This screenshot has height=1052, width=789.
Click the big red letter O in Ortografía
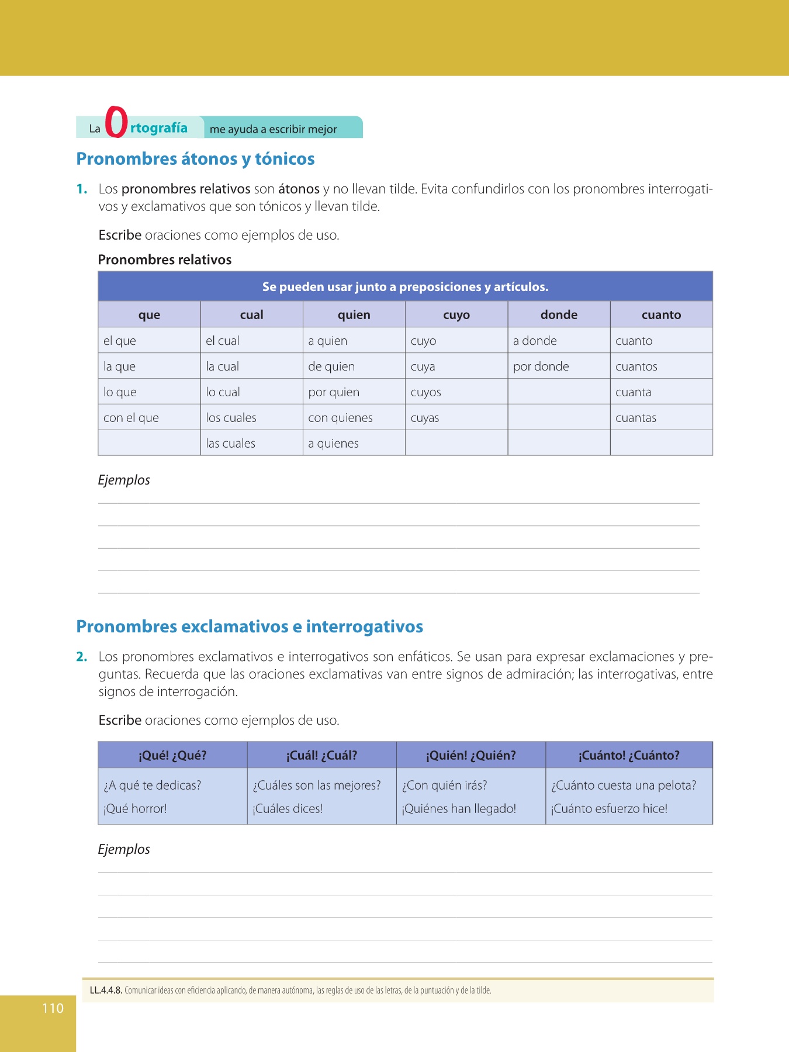(116, 122)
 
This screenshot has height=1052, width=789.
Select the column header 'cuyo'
(456, 314)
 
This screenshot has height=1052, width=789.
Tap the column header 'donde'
(559, 314)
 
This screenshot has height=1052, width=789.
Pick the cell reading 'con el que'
(131, 418)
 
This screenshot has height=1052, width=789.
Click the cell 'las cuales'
(230, 444)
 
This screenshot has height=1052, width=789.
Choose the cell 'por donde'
(541, 366)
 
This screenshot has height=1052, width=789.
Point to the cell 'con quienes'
(340, 418)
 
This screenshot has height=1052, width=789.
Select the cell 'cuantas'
(635, 418)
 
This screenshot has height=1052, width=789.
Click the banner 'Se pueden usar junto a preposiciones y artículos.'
(405, 287)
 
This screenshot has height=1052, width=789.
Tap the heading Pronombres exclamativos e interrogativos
(250, 627)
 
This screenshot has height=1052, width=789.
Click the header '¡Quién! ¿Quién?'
(470, 755)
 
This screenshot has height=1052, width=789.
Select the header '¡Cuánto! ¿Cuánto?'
(629, 755)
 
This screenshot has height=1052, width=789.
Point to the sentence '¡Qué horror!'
(135, 809)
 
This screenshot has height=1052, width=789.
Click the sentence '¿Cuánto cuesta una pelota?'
(624, 785)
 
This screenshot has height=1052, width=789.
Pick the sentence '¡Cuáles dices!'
(288, 809)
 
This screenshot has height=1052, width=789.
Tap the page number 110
(53, 1008)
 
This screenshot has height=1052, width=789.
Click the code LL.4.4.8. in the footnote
(106, 991)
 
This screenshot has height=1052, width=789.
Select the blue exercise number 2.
(82, 657)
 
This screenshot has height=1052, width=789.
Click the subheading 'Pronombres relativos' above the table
(165, 260)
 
